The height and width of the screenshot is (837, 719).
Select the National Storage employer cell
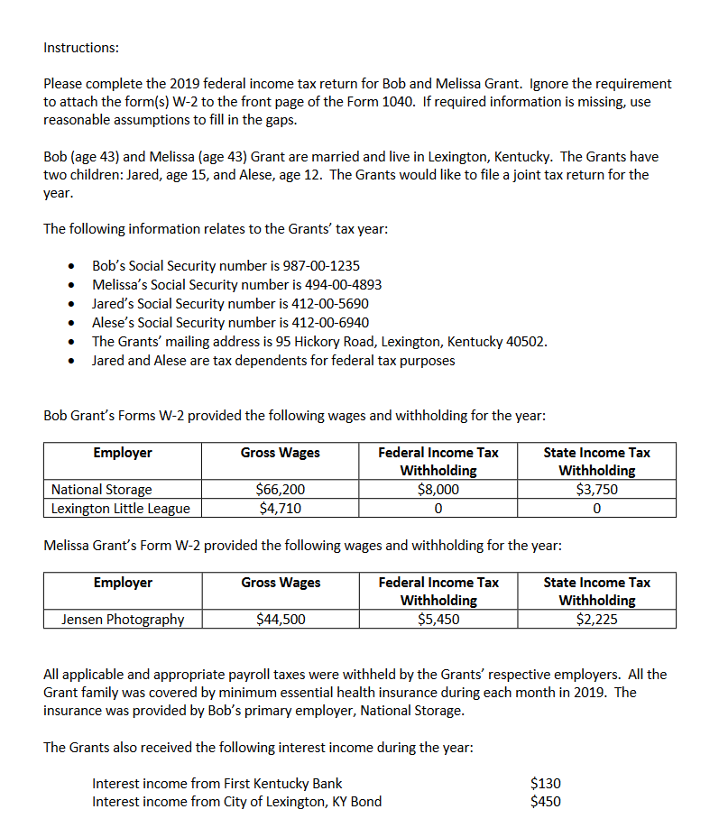pos(102,490)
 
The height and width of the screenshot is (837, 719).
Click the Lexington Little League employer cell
pos(121,508)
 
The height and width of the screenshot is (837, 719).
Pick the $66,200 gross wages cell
pos(280,490)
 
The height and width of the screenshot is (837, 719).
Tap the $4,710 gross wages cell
pos(280,508)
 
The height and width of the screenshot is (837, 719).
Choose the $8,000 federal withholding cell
pos(438,490)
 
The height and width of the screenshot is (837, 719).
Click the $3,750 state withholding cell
pos(596,490)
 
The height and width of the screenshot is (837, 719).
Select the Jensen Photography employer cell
pos(123,619)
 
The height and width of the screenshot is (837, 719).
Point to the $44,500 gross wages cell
pos(280,619)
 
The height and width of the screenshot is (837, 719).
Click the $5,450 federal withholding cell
pos(438,619)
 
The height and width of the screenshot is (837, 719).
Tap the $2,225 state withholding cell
pos(596,619)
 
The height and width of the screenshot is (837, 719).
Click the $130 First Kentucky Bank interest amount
pos(545,783)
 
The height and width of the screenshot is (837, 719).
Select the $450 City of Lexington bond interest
pos(545,801)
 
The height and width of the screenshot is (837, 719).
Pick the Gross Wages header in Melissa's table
pos(280,583)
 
